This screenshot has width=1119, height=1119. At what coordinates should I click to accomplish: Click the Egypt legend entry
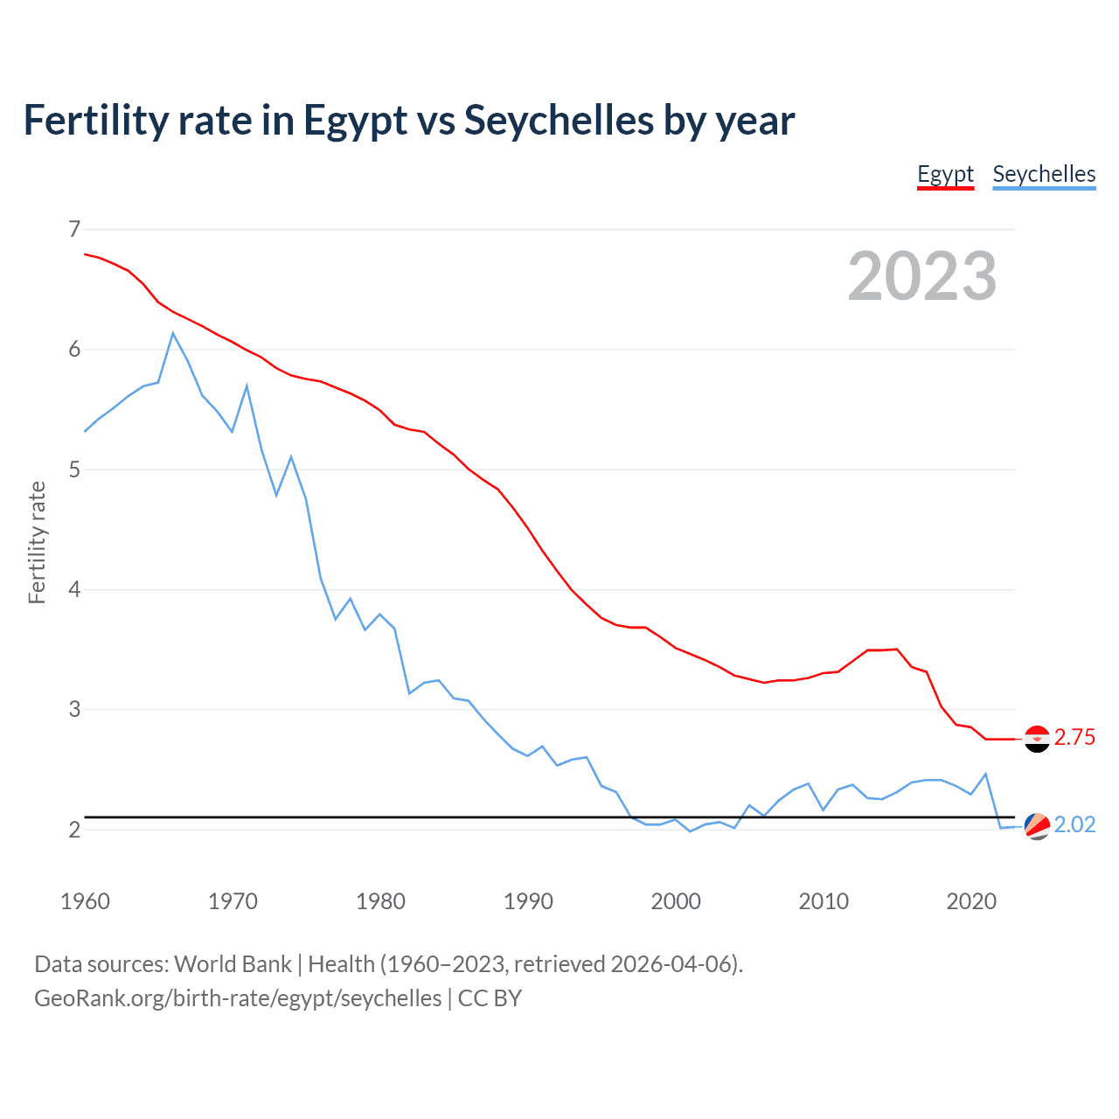[945, 174]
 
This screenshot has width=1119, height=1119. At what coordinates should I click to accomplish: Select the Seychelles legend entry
[1044, 174]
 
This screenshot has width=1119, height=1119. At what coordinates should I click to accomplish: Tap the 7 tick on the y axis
[73, 229]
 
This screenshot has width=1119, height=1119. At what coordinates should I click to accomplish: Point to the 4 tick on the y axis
[73, 589]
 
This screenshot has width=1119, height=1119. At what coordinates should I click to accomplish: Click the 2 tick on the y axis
[73, 829]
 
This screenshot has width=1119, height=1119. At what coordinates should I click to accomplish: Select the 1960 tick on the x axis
[85, 901]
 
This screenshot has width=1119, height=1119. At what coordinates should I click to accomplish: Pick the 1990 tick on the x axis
[528, 901]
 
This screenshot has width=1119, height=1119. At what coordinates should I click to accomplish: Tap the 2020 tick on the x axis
[971, 901]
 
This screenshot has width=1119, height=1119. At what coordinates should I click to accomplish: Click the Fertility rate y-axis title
[37, 542]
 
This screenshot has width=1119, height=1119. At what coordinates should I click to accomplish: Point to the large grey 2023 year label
[922, 276]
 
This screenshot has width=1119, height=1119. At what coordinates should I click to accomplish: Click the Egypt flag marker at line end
[1037, 739]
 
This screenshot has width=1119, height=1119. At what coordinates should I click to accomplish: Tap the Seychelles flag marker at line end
[1037, 825]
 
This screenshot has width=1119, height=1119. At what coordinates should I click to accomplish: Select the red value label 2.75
[1074, 738]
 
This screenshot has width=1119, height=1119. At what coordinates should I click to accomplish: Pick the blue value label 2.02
[1074, 825]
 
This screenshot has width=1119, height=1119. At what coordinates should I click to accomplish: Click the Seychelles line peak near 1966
[173, 333]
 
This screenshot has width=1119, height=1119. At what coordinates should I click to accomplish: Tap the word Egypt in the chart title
[355, 120]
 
